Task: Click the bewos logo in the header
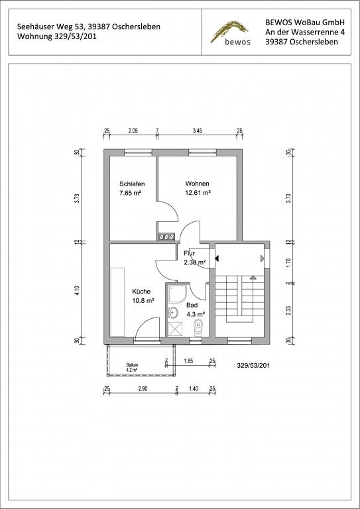coord(230,32)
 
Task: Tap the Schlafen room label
coord(132,184)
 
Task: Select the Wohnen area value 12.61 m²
coord(198,192)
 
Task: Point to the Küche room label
coord(141,292)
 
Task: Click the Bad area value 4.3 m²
coord(196,314)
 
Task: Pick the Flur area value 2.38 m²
coord(194,262)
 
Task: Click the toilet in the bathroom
coord(198,328)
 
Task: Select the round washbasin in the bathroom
coord(173,313)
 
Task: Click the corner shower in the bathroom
coord(176,294)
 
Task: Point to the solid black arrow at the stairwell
coord(217,258)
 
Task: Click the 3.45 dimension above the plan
coord(198,131)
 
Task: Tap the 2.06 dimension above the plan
coord(133,131)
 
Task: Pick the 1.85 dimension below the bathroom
coord(188,361)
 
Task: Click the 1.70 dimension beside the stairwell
coord(289,262)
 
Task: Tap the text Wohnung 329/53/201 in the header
coord(57,36)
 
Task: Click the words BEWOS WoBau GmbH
coord(305,22)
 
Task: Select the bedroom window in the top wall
coord(139,152)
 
